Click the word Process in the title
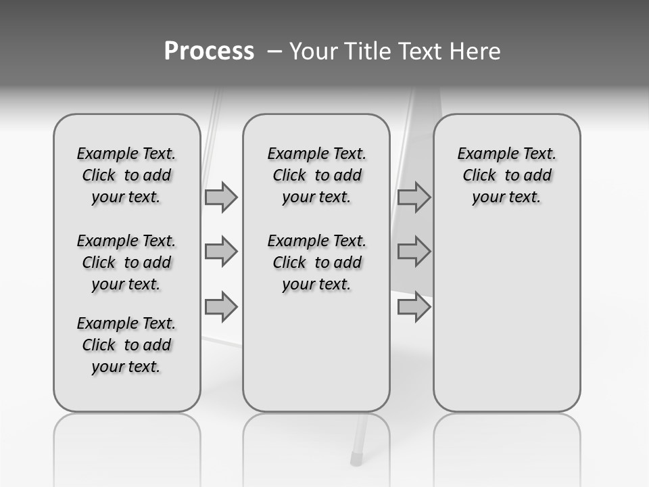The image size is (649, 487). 209,51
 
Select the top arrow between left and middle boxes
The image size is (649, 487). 221,197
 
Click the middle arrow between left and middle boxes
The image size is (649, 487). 221,252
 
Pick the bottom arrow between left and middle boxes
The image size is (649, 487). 221,307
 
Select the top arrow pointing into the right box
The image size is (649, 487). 414,197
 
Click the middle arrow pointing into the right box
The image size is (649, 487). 414,252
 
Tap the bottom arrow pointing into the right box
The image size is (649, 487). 414,307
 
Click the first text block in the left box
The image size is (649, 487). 126,175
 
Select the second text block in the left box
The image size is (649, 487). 126,262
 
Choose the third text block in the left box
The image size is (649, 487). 126,345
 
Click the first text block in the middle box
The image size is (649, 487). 317,175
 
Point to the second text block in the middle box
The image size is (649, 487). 317,262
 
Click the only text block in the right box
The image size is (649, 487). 507,175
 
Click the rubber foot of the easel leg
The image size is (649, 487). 357,459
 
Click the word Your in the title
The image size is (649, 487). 310,51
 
